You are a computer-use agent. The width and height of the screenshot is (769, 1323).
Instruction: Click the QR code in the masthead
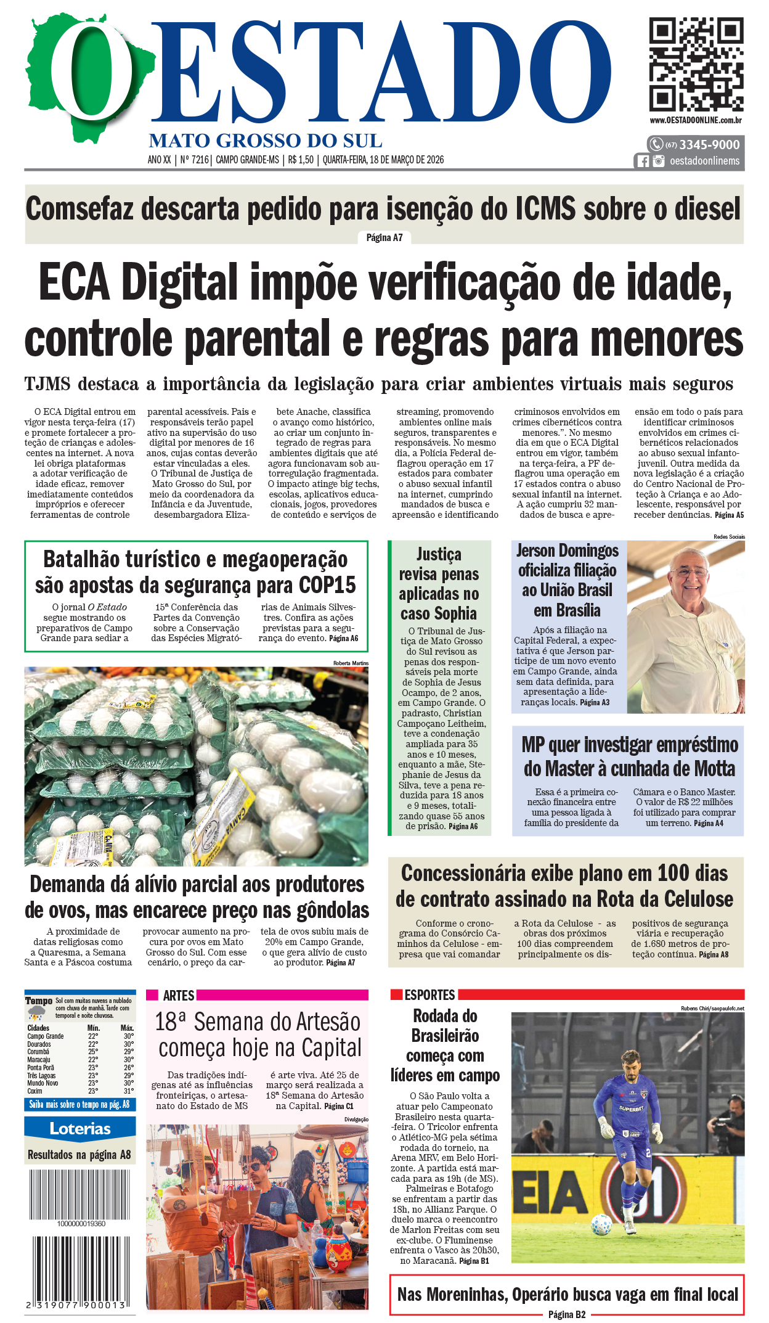coord(696,64)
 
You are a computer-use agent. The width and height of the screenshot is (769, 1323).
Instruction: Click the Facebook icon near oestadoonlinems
coord(643,161)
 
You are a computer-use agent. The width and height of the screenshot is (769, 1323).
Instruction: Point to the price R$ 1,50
coord(301,160)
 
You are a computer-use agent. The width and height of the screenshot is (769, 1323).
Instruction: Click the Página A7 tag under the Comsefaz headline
coord(384,238)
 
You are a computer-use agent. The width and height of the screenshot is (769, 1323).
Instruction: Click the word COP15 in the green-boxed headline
coord(327,584)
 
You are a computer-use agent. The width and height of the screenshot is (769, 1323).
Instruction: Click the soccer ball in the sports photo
coord(601,1224)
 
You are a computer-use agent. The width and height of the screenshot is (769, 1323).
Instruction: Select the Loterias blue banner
coord(80,1129)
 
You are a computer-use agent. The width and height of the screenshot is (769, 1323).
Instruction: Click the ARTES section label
coord(179,996)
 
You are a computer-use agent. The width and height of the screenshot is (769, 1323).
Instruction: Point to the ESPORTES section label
coord(429,995)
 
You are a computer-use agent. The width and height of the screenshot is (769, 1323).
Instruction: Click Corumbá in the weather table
coord(38,1052)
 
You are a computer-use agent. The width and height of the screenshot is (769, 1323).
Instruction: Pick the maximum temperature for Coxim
coord(128,1091)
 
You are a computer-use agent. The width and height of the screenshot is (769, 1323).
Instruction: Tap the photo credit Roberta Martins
coord(351,663)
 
